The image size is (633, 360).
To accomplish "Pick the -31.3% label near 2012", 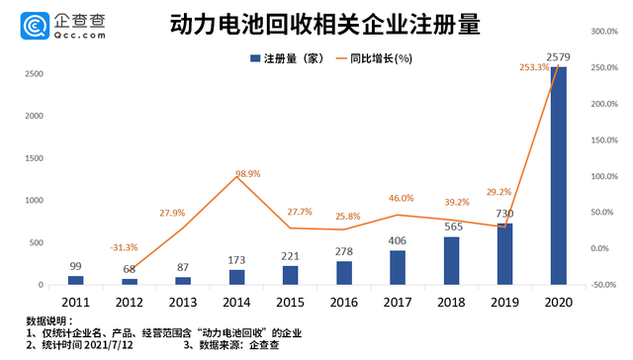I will (x=125, y=248).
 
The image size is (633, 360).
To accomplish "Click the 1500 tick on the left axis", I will (x=32, y=158).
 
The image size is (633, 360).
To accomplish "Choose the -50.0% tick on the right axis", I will (x=602, y=285).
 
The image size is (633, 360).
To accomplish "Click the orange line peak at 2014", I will (x=235, y=178).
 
